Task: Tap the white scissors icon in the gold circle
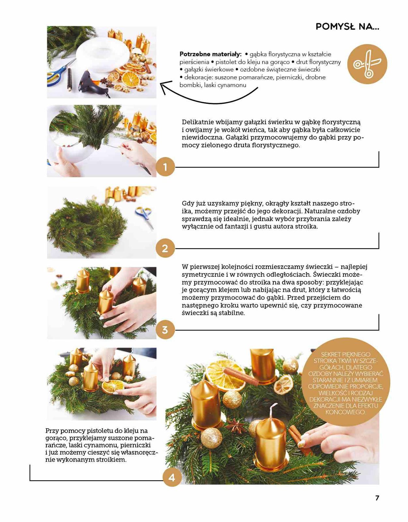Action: pos(367,64)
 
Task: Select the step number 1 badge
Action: pos(165,167)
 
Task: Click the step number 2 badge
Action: pos(165,248)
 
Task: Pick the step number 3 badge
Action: pos(165,330)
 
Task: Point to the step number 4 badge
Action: pos(172,478)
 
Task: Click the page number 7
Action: pos(377,498)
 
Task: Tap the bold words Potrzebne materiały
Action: pos(210,54)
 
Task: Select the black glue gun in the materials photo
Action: pos(93,83)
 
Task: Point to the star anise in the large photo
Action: pos(235,425)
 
